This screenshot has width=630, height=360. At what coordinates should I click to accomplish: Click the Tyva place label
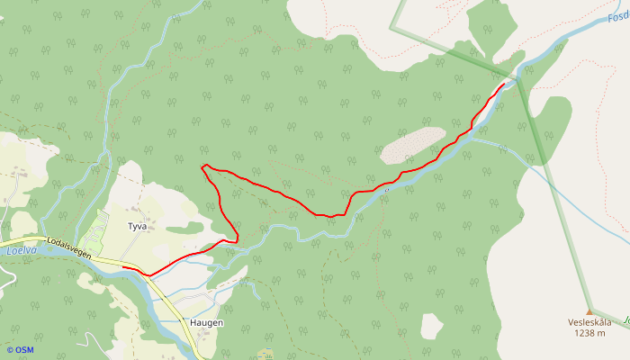(x=137, y=227)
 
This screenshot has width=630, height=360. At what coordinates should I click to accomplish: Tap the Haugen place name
(x=206, y=322)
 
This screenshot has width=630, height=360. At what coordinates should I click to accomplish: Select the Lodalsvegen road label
(x=68, y=249)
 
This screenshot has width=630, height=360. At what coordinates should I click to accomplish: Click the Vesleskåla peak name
(x=589, y=322)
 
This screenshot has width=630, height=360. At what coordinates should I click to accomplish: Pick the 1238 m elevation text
(x=589, y=333)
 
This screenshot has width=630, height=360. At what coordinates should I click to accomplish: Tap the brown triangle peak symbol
(x=589, y=311)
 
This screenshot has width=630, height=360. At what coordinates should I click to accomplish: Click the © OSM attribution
(x=19, y=349)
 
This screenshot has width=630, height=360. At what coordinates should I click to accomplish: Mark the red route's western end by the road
(x=123, y=268)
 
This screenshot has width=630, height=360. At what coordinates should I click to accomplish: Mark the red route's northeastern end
(x=504, y=83)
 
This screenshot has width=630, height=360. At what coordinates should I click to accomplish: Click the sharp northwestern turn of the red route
(x=204, y=166)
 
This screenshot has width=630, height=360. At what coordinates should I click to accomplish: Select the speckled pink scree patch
(x=412, y=144)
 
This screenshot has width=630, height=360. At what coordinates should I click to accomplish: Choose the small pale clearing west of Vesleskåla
(x=432, y=326)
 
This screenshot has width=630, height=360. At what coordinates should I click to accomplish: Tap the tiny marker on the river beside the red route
(x=385, y=190)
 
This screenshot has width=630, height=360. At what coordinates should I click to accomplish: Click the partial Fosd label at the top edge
(x=617, y=17)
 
